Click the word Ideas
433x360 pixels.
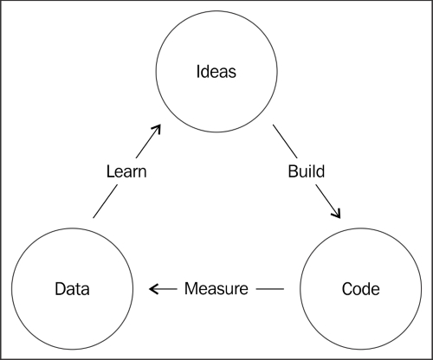click(x=216, y=72)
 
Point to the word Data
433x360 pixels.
click(x=72, y=289)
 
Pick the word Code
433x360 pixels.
click(x=361, y=289)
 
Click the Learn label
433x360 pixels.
click(x=126, y=171)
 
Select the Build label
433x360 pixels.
click(x=307, y=171)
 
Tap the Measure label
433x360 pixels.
click(x=216, y=288)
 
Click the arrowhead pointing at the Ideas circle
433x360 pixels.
click(x=157, y=129)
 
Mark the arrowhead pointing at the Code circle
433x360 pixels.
click(x=337, y=214)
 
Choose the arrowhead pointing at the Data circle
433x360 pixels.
click(x=153, y=289)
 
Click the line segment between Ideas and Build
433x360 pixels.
click(x=285, y=141)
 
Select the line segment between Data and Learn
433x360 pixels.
click(x=106, y=201)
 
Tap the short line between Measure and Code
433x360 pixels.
click(x=270, y=289)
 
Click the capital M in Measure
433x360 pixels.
click(x=191, y=288)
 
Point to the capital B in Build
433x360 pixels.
click(x=293, y=171)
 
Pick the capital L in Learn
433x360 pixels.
click(x=111, y=171)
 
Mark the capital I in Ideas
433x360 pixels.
click(x=198, y=72)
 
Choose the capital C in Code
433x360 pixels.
click(x=347, y=289)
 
